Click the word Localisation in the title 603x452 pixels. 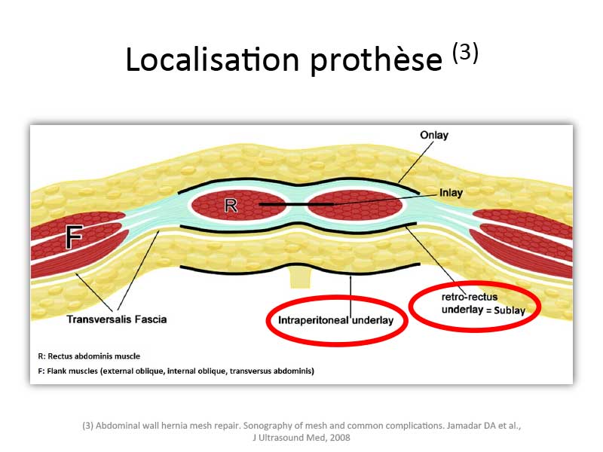pyautogui.click(x=213, y=60)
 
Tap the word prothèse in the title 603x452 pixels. pyautogui.click(x=376, y=62)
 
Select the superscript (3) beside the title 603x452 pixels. pyautogui.click(x=465, y=52)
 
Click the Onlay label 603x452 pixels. pyautogui.click(x=434, y=136)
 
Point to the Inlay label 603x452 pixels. pyautogui.click(x=451, y=193)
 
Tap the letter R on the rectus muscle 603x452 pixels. pyautogui.click(x=231, y=206)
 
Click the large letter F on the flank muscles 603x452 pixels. pyautogui.click(x=74, y=237)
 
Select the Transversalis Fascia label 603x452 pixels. pyautogui.click(x=117, y=319)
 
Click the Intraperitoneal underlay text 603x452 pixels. pyautogui.click(x=335, y=321)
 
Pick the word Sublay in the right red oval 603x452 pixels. pyautogui.click(x=510, y=310)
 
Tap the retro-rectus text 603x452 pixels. pyautogui.click(x=470, y=297)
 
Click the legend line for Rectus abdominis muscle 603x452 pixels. pyautogui.click(x=89, y=356)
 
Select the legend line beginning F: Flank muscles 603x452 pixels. pyautogui.click(x=176, y=371)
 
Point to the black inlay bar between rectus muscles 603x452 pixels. pyautogui.click(x=296, y=204)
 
